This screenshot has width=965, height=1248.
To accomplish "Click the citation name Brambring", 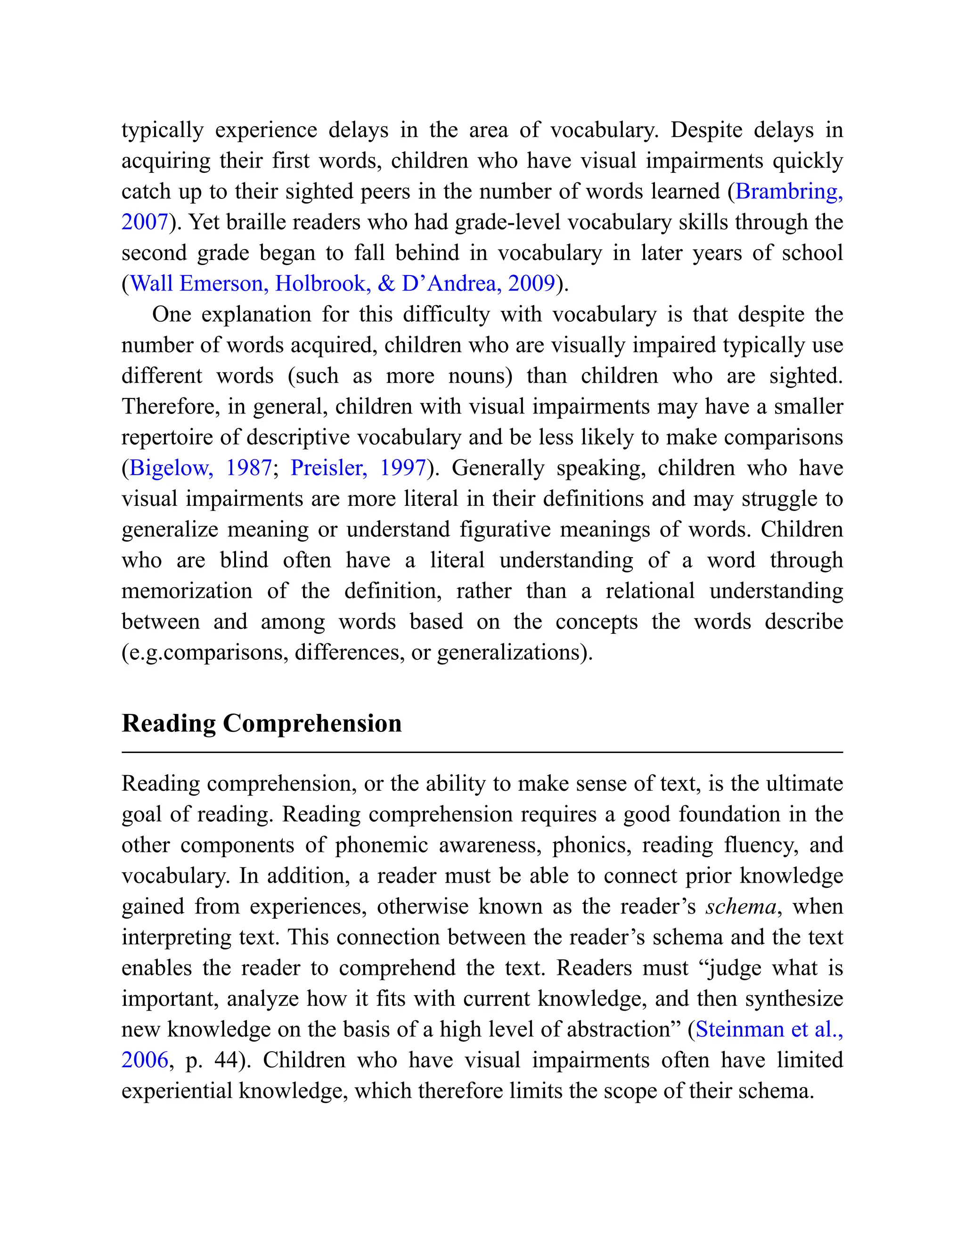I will point(788,191).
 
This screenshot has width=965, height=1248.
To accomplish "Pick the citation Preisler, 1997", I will point(358,468).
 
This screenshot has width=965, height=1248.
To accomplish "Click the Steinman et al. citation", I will point(769,1029).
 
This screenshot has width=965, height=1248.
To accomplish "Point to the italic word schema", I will point(741,907).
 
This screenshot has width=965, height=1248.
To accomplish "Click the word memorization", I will point(187,591).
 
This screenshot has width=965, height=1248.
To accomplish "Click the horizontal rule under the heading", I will point(482,753).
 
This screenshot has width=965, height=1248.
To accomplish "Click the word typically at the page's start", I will point(163,130).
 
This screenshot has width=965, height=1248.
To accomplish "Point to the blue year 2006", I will point(145,1060).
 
